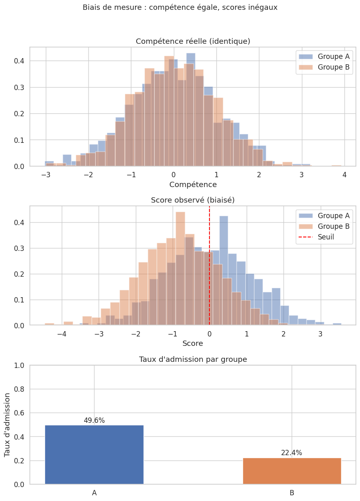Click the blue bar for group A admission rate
coord(94,454)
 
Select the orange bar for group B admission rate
coord(292,471)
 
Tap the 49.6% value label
coord(94,420)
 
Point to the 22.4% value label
coord(292,453)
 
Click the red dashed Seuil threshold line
coord(209,266)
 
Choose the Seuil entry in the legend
coord(326,237)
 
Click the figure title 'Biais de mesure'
coord(180,7)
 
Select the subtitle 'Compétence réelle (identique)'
coord(193,41)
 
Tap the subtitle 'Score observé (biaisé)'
coord(193,200)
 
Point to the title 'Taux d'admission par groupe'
coord(193,359)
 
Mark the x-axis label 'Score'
coord(193,343)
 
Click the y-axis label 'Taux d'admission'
coord(8,424)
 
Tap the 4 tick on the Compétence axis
coord(344,174)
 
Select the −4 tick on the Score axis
coord(62,333)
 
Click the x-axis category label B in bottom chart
coord(292,493)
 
